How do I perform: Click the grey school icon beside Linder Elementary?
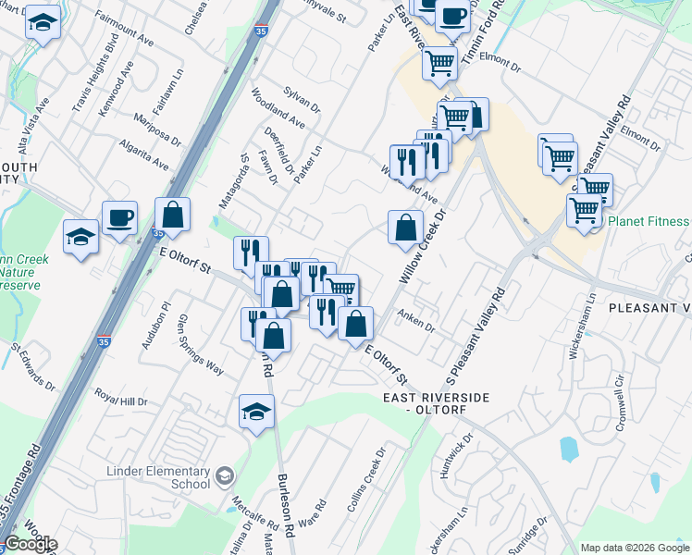click(224, 477)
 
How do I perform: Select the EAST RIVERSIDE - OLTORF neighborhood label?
click(435, 402)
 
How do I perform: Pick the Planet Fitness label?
click(649, 221)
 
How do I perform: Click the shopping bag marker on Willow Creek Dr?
click(405, 228)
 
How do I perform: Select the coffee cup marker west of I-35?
click(120, 218)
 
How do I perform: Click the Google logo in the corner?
click(31, 544)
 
